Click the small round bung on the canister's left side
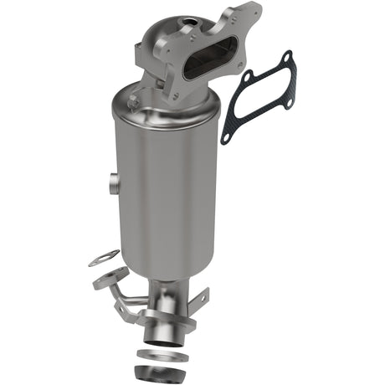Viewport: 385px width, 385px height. (112, 180)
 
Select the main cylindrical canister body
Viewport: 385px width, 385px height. (167, 184)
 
